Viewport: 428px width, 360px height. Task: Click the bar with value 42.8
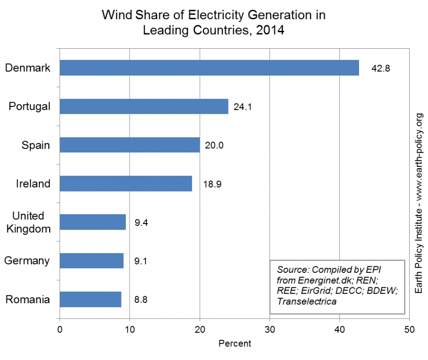[209, 68]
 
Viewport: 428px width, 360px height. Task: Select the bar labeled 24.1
[144, 106]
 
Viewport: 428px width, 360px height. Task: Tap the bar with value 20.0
[130, 145]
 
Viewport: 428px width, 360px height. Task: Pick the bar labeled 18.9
[126, 183]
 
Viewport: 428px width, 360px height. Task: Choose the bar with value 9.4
[93, 222]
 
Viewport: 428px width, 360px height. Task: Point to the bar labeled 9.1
[92, 261]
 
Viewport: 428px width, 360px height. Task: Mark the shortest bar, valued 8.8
[91, 299]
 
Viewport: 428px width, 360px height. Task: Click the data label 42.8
[381, 68]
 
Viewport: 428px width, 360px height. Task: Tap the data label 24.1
[243, 107]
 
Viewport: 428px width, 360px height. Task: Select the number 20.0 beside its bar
[214, 145]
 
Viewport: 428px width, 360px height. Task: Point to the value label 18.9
[212, 184]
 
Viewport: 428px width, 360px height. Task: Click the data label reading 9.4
[141, 223]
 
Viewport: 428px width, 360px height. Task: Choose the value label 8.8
[141, 300]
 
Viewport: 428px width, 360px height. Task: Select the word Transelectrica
[306, 301]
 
